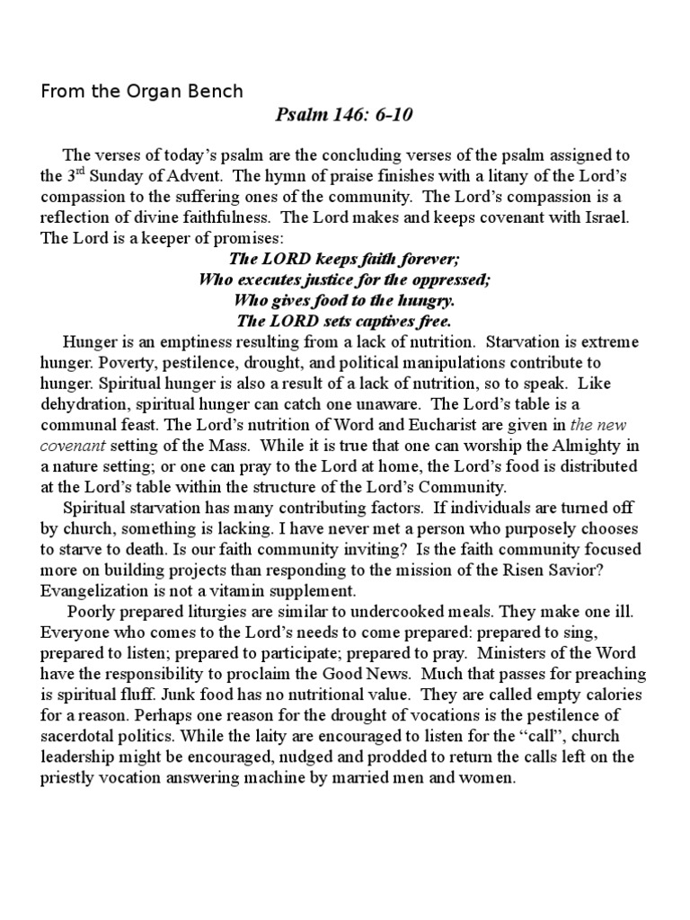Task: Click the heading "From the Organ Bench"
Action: point(141,91)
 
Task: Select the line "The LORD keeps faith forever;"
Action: point(344,259)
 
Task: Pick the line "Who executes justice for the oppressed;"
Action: point(344,279)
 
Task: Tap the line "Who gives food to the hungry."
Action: point(344,300)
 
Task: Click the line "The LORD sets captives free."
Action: point(344,321)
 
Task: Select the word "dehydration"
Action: point(84,403)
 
